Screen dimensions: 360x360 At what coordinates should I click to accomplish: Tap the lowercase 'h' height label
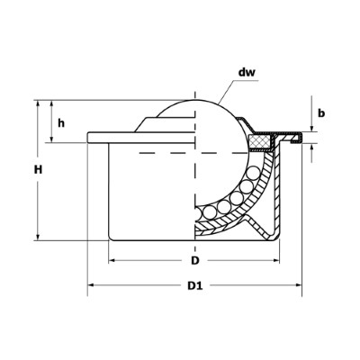click(x=60, y=123)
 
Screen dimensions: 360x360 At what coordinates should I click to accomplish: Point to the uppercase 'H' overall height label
click(x=28, y=169)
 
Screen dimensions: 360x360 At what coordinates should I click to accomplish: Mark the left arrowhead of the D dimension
click(x=112, y=260)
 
